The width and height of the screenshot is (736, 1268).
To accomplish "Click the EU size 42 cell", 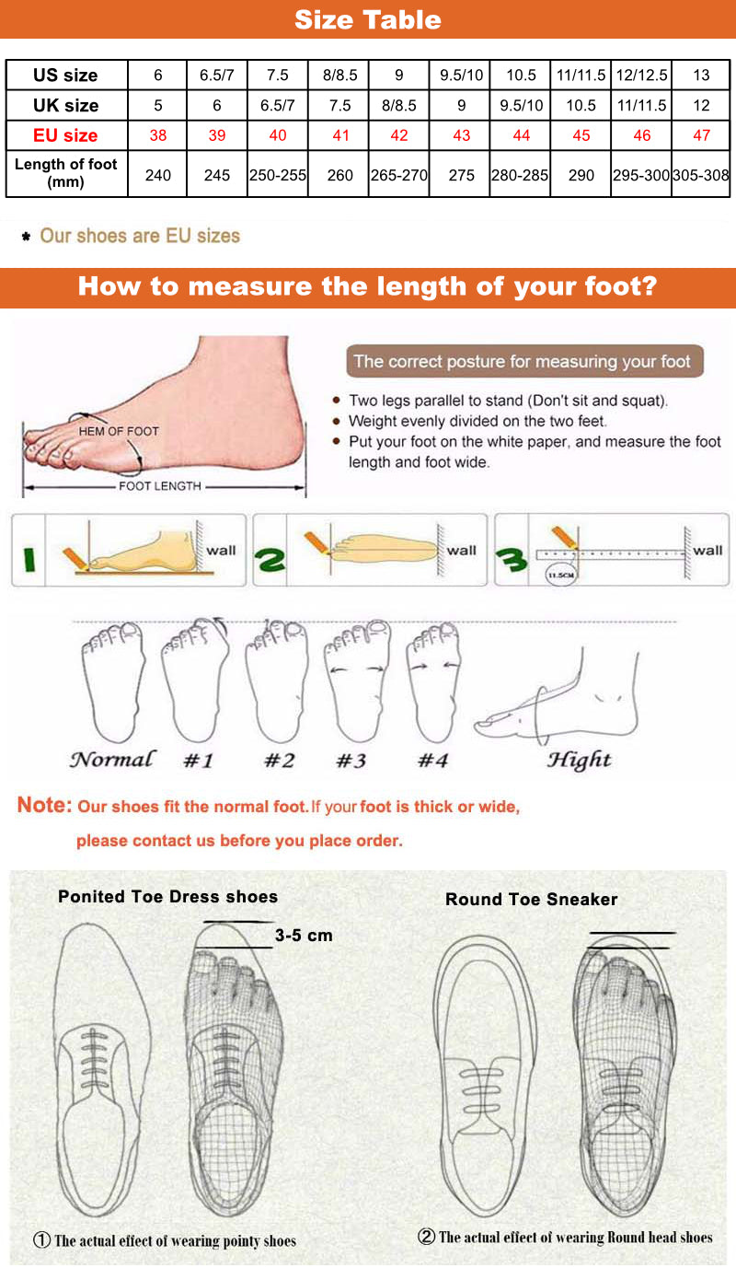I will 399,135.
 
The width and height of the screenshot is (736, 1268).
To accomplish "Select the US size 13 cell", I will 701,76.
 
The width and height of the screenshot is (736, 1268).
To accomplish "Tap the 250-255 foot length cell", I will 278,174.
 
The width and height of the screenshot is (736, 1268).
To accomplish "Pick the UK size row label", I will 65,105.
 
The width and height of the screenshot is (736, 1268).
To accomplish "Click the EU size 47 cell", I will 701,135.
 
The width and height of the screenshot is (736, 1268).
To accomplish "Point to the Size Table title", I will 368,19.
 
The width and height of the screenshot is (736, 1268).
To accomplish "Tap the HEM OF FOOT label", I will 119,431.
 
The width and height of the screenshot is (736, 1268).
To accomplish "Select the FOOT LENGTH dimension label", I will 160,485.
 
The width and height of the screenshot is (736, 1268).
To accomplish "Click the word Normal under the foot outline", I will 112,760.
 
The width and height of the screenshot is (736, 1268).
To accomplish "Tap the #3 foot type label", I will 351,761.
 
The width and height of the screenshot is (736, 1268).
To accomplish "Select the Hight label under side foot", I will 579,760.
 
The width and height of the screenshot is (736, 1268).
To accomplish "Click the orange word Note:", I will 44,806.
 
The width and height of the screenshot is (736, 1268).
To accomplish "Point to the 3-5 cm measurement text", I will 304,936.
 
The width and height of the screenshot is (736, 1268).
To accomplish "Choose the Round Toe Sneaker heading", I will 531,900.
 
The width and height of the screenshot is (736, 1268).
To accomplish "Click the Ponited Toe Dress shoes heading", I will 167,896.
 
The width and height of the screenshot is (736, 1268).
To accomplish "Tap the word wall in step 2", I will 462,550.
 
